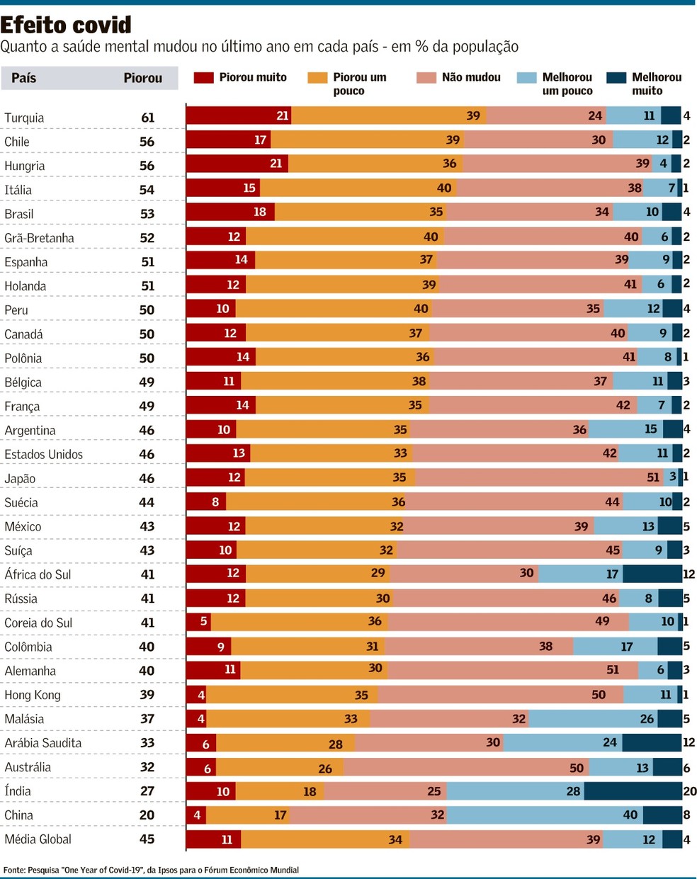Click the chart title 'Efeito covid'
66,25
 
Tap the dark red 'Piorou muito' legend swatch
203,78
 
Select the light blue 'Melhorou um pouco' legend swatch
526,78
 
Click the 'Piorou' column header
143,78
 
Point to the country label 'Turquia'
24,118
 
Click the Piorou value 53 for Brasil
147,214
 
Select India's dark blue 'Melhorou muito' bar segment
633,791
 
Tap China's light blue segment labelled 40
545,815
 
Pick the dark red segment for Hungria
237,164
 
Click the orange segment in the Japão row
329,477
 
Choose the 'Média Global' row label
38,839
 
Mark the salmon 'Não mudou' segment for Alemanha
513,670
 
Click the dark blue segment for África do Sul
652,574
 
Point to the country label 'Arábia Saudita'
43,743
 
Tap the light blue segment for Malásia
593,718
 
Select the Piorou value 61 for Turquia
147,118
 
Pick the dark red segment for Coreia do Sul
198,622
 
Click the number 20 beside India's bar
690,791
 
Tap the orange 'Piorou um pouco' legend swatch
317,78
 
